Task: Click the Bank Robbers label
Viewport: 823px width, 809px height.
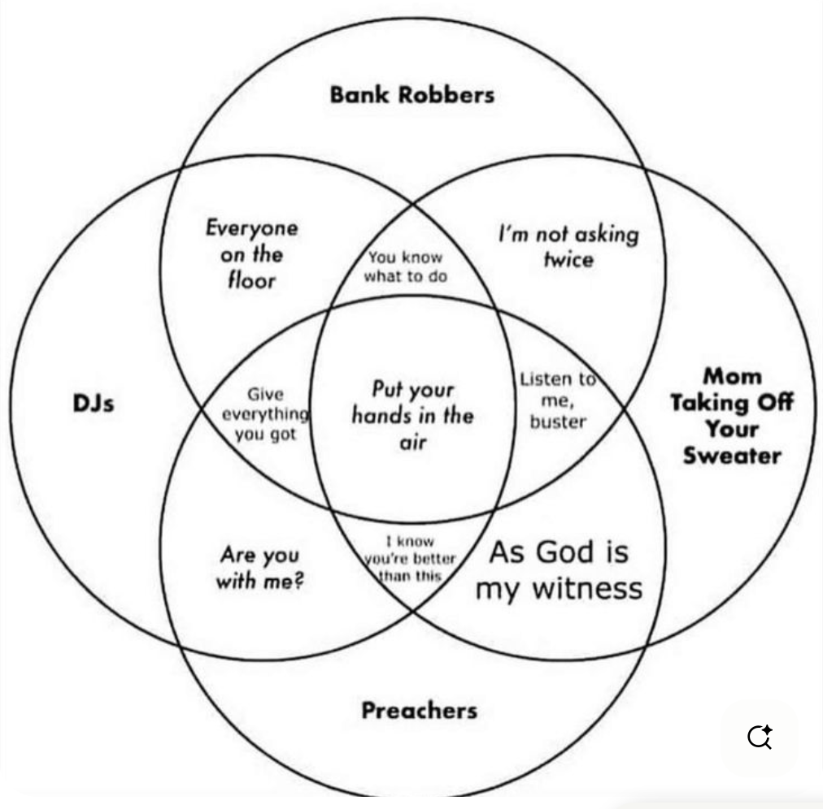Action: coord(411,95)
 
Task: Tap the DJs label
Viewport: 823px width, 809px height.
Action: coord(94,402)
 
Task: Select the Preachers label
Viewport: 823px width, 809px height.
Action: coord(419,711)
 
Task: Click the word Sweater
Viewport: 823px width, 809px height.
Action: coord(731,455)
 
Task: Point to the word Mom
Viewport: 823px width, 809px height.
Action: coord(732,376)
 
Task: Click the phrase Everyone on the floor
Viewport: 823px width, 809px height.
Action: coord(251,254)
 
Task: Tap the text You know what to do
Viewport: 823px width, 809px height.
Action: coord(405,266)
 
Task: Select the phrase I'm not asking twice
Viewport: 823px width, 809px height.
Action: coord(568,247)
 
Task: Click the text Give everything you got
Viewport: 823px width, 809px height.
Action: coord(265,414)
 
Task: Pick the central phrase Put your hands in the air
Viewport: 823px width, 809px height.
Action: coord(412,415)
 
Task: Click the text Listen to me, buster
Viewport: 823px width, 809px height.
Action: coord(558,400)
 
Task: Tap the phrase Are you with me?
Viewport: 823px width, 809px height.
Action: coord(259,568)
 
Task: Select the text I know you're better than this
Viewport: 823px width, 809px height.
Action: coord(410,559)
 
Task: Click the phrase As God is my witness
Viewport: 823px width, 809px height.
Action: coord(559,569)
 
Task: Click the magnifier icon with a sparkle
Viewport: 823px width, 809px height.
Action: coord(760,736)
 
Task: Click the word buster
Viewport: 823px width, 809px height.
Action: coord(558,422)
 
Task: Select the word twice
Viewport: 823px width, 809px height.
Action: coord(568,260)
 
